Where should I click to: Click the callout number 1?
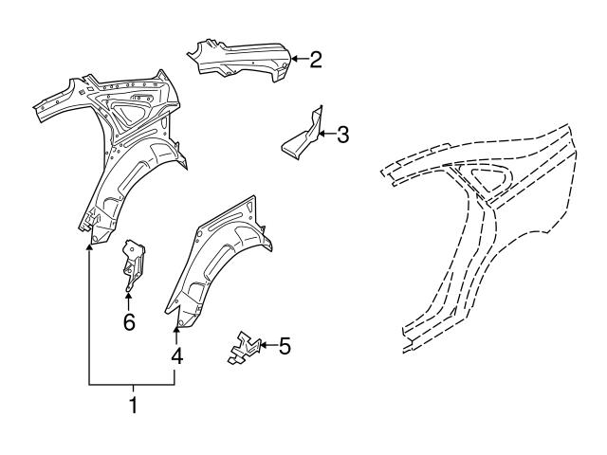tap(133, 405)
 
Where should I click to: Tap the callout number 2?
tap(316, 60)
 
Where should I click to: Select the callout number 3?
tap(342, 135)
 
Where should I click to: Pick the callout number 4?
tap(177, 356)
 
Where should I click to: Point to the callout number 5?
tap(285, 345)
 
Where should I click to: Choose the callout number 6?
tap(129, 322)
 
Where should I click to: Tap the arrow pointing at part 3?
tap(326, 134)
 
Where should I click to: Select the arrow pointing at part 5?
tap(267, 345)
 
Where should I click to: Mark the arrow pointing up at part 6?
tap(128, 301)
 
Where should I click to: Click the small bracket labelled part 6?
tap(134, 264)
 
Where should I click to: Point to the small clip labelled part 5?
tap(244, 348)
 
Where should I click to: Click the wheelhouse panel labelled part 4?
tap(217, 264)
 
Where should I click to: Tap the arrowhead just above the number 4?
tap(176, 330)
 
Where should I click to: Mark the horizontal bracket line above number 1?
tap(132, 385)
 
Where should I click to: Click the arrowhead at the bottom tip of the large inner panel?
tap(89, 247)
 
